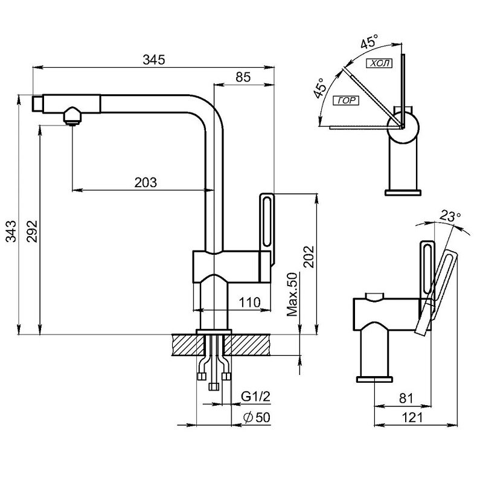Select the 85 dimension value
pos(243,77)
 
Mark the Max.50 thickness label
pos(293,294)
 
